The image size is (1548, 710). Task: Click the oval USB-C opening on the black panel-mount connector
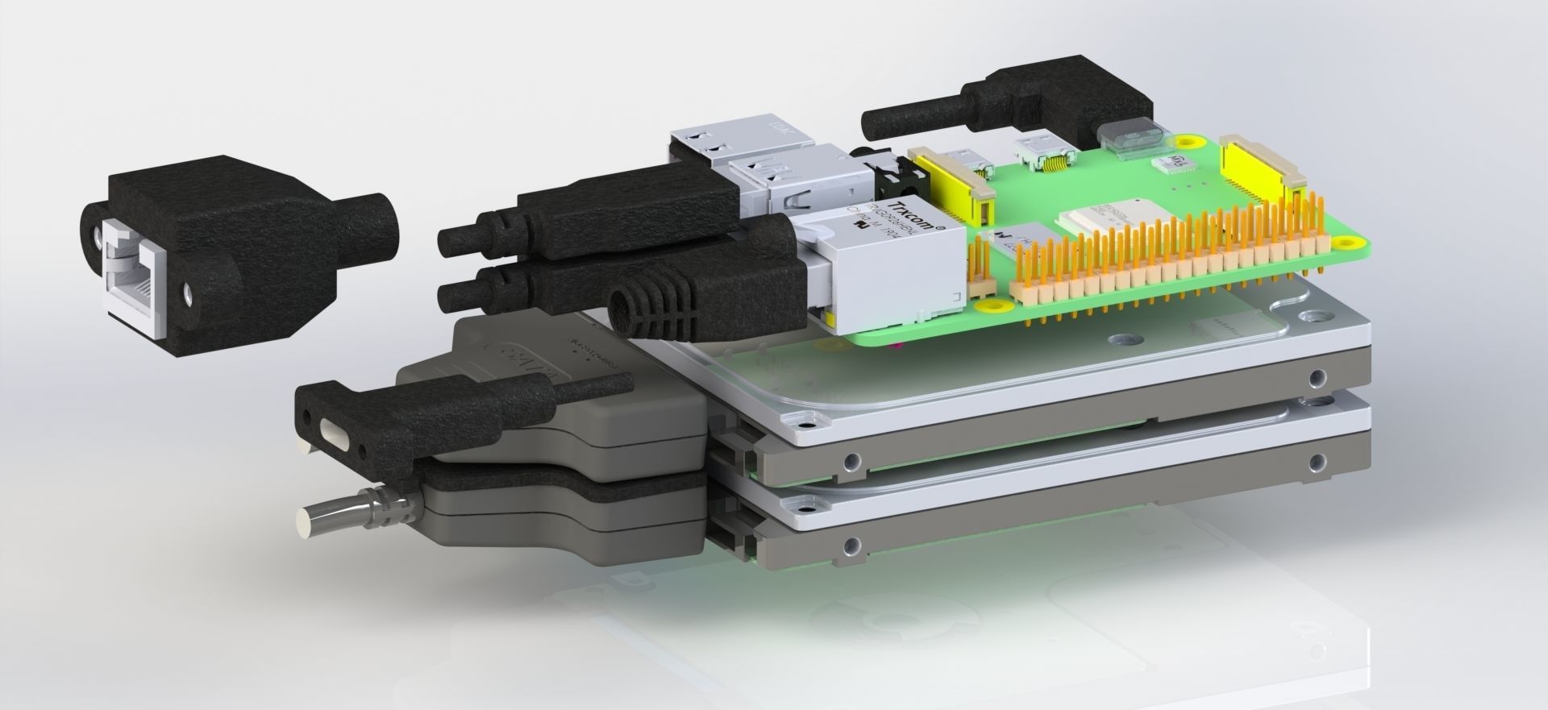[x=332, y=430]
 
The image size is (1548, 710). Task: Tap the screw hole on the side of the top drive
[x=1317, y=376]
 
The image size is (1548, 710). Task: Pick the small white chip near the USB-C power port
[x=1175, y=164]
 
